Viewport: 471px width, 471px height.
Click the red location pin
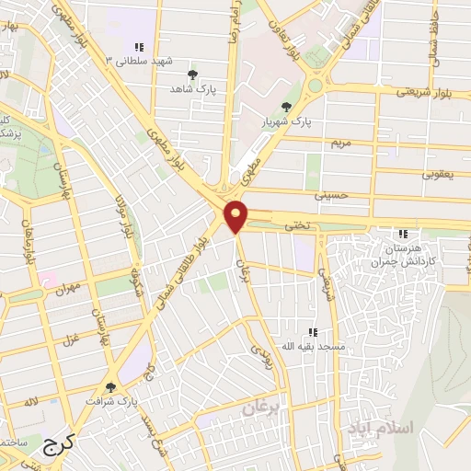tap(237, 215)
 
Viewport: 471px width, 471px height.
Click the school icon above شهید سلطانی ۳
tap(139, 46)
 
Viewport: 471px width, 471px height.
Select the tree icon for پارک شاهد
tap(192, 75)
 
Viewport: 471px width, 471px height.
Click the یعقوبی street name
tap(438, 172)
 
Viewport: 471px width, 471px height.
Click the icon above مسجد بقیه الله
tap(313, 332)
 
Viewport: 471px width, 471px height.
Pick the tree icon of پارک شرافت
tap(110, 387)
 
